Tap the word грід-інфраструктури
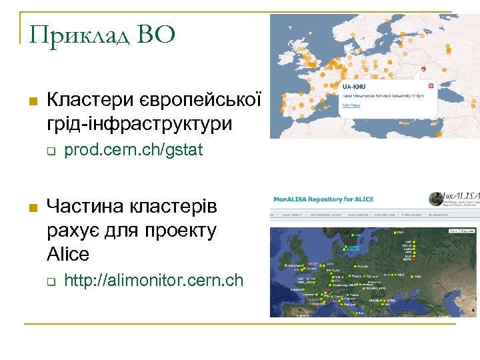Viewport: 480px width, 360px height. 140,123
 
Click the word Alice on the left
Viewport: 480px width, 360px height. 67,254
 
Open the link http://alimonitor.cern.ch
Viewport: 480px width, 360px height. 154,281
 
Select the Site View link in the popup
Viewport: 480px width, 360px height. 351,105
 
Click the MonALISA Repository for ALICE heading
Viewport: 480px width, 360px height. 325,199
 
